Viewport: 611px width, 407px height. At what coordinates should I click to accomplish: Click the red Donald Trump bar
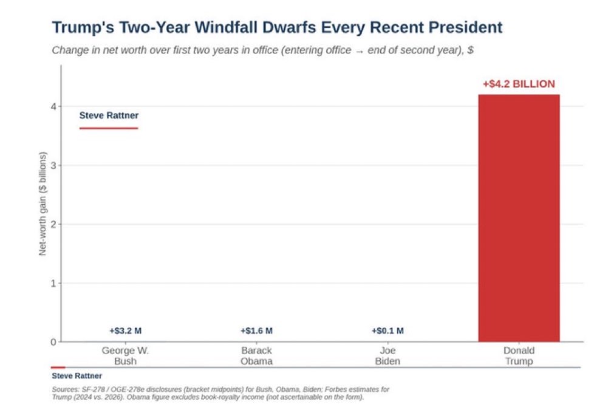(x=519, y=218)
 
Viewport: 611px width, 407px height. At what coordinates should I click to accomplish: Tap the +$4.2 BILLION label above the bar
(x=519, y=84)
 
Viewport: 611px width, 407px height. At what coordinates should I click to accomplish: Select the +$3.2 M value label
(x=126, y=331)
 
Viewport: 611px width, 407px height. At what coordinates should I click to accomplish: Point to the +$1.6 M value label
(x=256, y=331)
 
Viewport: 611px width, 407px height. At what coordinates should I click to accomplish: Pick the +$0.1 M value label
(x=387, y=331)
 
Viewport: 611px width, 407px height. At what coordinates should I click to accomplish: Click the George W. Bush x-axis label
(x=126, y=356)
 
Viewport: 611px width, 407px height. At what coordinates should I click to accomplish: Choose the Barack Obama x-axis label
(x=256, y=356)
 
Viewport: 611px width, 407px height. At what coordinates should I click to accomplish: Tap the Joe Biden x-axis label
(x=387, y=356)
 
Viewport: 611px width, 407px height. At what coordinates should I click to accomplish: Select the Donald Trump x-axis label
(x=519, y=356)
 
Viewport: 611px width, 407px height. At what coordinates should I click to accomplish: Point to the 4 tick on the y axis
(x=54, y=106)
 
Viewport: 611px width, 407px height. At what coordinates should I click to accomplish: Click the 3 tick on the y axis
(x=54, y=165)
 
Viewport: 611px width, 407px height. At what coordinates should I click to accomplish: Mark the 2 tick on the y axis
(x=54, y=224)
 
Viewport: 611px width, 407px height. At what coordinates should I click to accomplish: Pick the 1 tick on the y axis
(x=54, y=284)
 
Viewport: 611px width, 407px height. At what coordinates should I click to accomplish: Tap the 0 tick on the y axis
(x=54, y=342)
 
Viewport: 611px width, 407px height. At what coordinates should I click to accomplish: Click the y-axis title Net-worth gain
(x=43, y=203)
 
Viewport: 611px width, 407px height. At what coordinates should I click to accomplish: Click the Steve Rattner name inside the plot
(x=109, y=115)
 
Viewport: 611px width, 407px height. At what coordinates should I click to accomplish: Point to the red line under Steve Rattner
(x=109, y=128)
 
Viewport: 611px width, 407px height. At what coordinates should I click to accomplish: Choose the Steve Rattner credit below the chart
(x=77, y=376)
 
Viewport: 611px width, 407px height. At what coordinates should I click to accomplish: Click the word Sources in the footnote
(x=65, y=389)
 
